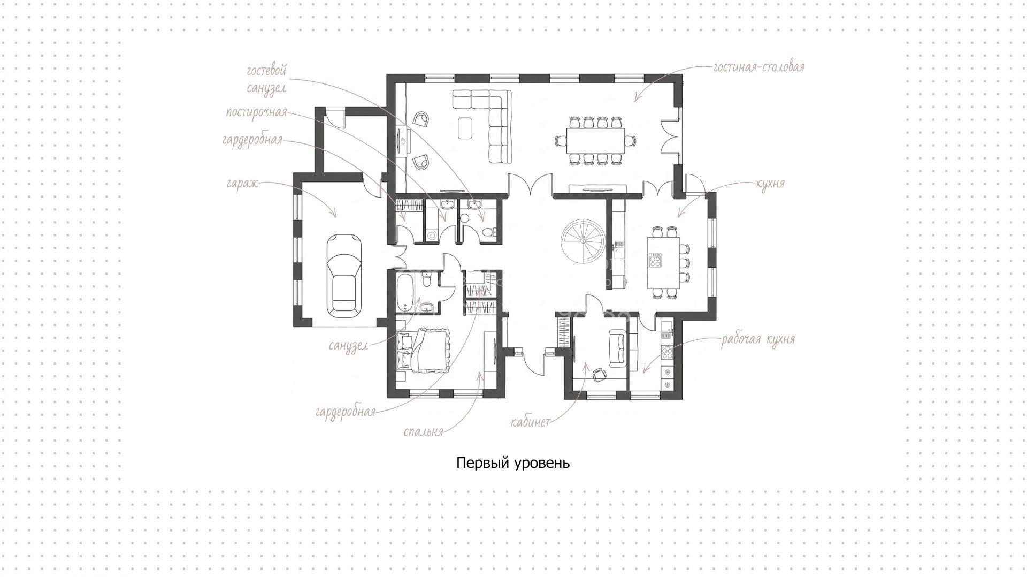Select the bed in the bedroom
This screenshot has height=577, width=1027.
(x=424, y=351)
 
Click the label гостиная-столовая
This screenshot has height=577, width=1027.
(x=758, y=67)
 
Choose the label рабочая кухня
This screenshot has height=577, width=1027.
(x=758, y=340)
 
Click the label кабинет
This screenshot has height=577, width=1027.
(x=530, y=422)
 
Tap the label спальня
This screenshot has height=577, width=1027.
(x=424, y=431)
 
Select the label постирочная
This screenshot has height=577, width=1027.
(x=256, y=113)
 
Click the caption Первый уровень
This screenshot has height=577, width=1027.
(x=513, y=463)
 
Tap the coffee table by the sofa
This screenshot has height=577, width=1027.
(x=465, y=128)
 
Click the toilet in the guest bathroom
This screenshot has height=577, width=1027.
(x=489, y=232)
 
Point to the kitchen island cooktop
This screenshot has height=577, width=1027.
(x=655, y=261)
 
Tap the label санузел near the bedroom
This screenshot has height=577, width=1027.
(x=348, y=346)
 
